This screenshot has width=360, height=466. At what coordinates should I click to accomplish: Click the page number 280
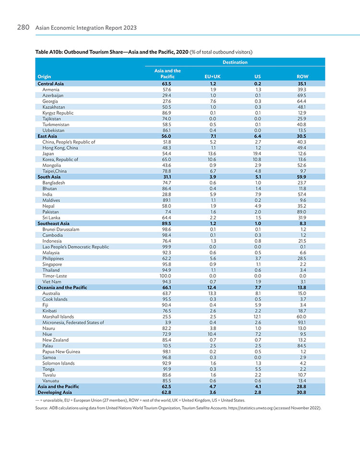coord(23,27)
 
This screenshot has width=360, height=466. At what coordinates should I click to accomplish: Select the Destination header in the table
coord(235,62)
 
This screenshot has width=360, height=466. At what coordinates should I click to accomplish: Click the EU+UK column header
coord(213,77)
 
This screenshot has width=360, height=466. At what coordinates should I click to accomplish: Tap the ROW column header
coord(302,77)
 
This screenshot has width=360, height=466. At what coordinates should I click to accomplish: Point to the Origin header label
coord(44,77)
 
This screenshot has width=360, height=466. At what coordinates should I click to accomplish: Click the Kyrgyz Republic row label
coord(58,113)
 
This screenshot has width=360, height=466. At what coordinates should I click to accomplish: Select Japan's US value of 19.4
coord(257,154)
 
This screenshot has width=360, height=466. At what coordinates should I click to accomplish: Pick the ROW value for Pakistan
coord(301,212)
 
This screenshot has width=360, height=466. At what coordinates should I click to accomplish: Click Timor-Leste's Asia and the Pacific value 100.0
coord(165,276)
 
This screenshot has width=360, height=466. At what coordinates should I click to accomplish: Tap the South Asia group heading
coord(49,177)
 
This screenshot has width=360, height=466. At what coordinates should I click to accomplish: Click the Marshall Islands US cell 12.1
coord(257,317)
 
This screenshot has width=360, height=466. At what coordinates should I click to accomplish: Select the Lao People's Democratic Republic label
coord(75,247)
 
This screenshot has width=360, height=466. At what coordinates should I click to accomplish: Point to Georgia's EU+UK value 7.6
coord(213,101)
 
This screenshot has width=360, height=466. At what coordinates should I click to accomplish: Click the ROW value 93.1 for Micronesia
coord(302,323)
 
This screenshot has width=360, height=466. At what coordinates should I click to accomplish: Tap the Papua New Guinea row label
coord(61,352)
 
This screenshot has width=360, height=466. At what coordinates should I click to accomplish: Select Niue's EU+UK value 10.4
coord(212,334)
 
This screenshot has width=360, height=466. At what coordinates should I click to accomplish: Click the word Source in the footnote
coord(41,408)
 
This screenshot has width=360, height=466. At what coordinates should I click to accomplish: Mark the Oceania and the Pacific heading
coord(62,287)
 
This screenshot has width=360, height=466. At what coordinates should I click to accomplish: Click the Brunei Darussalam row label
coord(60,229)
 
